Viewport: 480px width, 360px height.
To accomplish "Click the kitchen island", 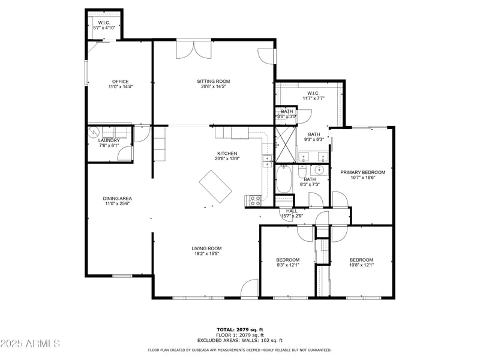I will click(x=215, y=187).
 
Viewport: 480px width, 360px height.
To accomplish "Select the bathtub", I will click(x=284, y=179).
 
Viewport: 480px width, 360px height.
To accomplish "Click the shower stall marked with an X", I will click(x=286, y=144).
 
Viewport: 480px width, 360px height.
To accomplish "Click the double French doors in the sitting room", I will click(x=193, y=50).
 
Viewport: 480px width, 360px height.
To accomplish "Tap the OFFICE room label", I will click(x=121, y=82).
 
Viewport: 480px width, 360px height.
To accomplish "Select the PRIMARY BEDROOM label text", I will click(x=362, y=172).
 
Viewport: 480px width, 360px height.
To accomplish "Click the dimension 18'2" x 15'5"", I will click(x=207, y=254).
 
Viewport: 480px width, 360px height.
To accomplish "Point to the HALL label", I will click(x=292, y=211).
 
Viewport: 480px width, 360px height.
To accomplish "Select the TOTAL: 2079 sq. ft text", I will click(x=240, y=329).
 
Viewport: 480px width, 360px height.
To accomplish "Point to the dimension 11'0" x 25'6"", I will click(x=118, y=204).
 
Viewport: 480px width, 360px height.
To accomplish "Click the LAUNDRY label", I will click(x=109, y=140).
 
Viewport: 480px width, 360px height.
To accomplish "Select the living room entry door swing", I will click(x=248, y=289).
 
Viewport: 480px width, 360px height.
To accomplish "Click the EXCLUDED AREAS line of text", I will click(x=240, y=340).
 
